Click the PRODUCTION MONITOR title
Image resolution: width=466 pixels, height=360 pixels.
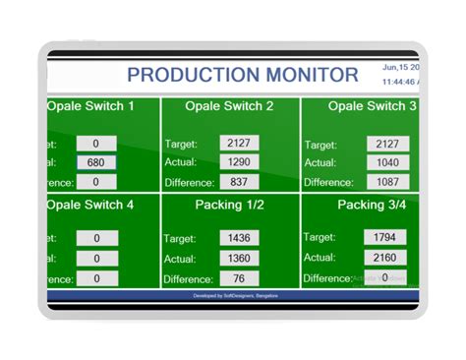click(x=243, y=75)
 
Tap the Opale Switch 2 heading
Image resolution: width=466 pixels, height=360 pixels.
click(x=230, y=106)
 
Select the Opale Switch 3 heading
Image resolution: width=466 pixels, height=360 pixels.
click(x=372, y=106)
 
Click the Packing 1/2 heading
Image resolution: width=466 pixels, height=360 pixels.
click(x=230, y=206)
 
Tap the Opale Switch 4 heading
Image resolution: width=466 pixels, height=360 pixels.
click(x=89, y=206)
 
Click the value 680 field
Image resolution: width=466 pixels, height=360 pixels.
click(x=96, y=162)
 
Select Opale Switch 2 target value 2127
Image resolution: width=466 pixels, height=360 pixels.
click(x=239, y=144)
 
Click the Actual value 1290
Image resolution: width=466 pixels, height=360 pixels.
click(x=239, y=162)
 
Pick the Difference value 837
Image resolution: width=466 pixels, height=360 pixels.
click(x=239, y=182)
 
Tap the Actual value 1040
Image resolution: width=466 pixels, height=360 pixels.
click(x=387, y=162)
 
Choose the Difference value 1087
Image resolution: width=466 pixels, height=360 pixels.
click(x=387, y=182)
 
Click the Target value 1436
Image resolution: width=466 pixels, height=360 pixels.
click(x=239, y=238)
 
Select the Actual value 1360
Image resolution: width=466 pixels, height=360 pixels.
click(x=239, y=258)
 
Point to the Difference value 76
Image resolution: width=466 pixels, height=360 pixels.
click(x=239, y=278)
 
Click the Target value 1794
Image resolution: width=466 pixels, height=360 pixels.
click(x=384, y=237)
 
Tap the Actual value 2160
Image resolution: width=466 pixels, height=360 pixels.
click(x=384, y=258)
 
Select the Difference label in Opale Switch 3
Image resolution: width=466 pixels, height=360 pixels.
click(x=328, y=182)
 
